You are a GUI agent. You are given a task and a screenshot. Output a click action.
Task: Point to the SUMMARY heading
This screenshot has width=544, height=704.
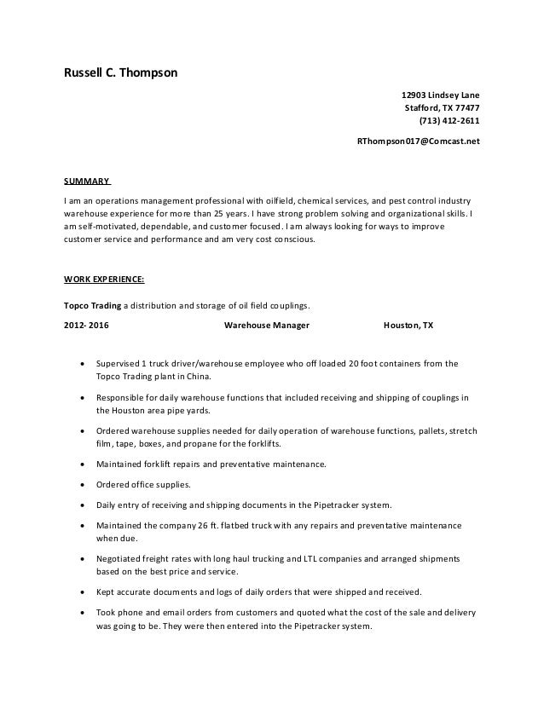(x=87, y=182)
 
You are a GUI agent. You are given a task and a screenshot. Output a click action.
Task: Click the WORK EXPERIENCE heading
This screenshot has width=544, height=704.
(x=104, y=279)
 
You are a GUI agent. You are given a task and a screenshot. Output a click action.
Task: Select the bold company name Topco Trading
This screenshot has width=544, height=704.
(x=93, y=304)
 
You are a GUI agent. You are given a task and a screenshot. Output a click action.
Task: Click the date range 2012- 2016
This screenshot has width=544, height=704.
(x=86, y=326)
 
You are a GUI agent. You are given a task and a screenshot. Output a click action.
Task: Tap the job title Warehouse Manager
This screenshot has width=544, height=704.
(x=266, y=326)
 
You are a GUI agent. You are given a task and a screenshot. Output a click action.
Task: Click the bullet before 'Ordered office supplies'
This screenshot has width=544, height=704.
(x=81, y=484)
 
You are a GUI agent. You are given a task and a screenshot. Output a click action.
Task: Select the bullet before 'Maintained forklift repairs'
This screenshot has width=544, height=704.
(x=81, y=465)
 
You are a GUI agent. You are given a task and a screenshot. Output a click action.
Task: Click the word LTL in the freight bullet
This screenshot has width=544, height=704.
(x=320, y=558)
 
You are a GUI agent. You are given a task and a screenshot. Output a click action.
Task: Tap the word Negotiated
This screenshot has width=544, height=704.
(x=122, y=558)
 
